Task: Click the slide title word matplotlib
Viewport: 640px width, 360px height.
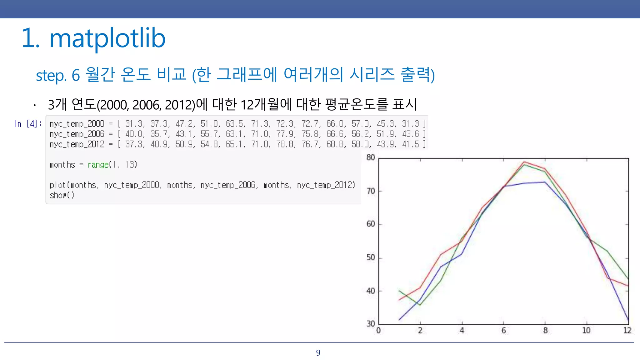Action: [107, 38]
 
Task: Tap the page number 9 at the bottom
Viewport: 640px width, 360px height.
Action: [318, 353]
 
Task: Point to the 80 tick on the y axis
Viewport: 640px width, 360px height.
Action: [371, 157]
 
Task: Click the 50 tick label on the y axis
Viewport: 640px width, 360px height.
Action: [371, 257]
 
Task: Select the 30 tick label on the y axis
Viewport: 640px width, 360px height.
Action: [371, 324]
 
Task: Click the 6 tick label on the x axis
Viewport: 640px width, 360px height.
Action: [503, 331]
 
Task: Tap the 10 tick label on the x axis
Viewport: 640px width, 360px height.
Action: [586, 331]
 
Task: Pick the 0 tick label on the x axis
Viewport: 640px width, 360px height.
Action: [378, 331]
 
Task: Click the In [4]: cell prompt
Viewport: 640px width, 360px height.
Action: [27, 124]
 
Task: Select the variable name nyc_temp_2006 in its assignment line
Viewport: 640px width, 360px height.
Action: [77, 134]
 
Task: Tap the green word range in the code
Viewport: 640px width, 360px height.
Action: [98, 165]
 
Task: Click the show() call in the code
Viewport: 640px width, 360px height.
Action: [62, 195]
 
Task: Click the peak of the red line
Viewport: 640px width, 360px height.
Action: [524, 162]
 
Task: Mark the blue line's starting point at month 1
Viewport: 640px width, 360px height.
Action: [399, 320]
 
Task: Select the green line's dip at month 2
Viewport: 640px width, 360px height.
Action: [420, 305]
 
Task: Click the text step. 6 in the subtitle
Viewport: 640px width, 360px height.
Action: [58, 75]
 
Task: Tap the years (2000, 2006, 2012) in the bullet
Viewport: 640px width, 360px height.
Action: [146, 105]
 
